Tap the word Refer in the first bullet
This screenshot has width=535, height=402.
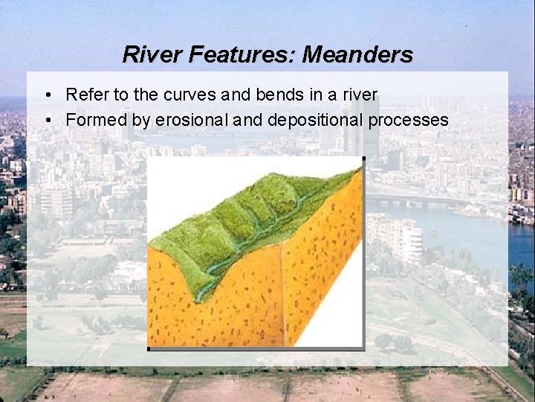[x=84, y=95]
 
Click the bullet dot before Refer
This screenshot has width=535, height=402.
[x=47, y=96]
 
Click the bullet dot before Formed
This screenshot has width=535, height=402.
[x=47, y=120]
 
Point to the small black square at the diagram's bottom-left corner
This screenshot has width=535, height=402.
[x=149, y=348]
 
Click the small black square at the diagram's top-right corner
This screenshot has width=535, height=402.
[x=363, y=158]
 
